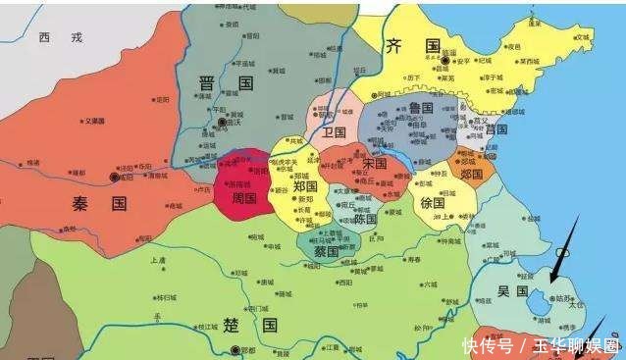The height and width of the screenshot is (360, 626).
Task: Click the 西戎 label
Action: click(60, 37)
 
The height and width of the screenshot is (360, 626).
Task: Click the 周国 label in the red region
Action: click(243, 197)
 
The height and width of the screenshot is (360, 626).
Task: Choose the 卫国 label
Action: click(336, 131)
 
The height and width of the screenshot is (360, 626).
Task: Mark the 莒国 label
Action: click(495, 129)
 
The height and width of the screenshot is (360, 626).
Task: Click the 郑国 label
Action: click(305, 185)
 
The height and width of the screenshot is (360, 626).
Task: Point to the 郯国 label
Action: click(472, 174)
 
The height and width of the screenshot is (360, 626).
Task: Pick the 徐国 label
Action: click(432, 203)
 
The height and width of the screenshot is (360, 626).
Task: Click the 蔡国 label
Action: click(326, 252)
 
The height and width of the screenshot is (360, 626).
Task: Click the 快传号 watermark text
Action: click(489, 345)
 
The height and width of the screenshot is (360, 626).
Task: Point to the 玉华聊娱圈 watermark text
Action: click(577, 345)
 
